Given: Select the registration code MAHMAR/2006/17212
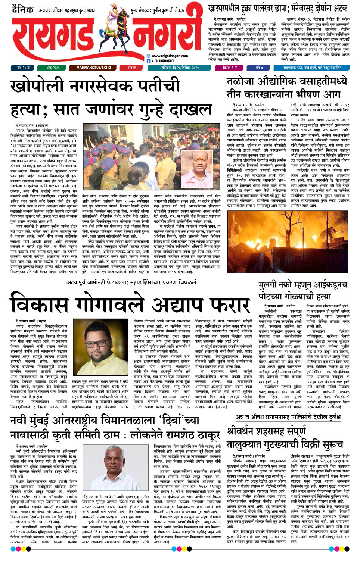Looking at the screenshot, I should pos(93,68).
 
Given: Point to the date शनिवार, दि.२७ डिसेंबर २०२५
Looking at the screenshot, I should pos(180,68).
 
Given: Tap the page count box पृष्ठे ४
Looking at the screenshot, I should pos(259,68).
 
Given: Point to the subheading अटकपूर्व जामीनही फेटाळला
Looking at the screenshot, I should pos(96,282).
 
